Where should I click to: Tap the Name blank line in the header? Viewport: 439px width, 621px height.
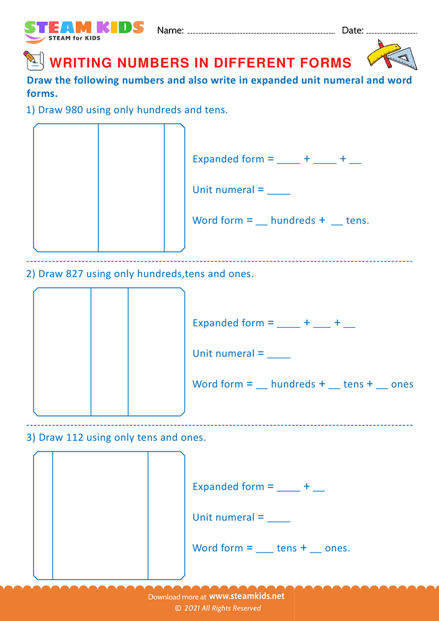[x=261, y=32]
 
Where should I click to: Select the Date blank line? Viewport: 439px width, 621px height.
[x=392, y=32]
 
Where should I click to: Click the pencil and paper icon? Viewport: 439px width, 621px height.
[x=32, y=61]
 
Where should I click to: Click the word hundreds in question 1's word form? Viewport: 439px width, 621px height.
[x=293, y=220]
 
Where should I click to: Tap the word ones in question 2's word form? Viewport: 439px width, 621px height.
[x=402, y=384]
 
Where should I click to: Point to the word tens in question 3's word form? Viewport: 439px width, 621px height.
[x=287, y=548]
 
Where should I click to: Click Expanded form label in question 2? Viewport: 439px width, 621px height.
[x=228, y=323]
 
